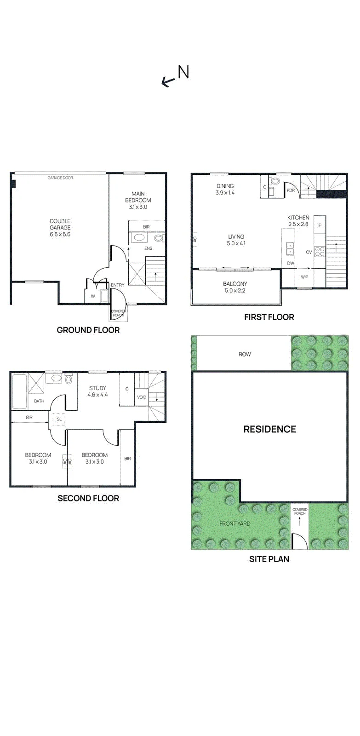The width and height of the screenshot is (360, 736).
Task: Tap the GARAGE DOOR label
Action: click(60, 178)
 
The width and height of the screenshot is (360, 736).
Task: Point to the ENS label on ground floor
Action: click(148, 248)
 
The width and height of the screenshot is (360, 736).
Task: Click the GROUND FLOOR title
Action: click(88, 330)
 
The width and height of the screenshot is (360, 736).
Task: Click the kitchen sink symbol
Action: click(291, 249)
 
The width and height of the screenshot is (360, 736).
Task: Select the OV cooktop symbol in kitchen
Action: click(320, 252)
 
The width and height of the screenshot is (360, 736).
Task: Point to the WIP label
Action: click(304, 277)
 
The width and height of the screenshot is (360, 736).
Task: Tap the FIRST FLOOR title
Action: click(269, 317)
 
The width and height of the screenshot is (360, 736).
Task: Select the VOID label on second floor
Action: click(142, 397)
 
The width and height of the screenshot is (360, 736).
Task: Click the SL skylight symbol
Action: click(59, 419)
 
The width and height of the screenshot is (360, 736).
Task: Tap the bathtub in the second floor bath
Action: click(19, 391)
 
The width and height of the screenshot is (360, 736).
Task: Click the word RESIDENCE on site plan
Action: click(270, 429)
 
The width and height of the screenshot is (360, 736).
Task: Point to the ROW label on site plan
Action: click(245, 354)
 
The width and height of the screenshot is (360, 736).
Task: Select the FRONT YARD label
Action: click(235, 523)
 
